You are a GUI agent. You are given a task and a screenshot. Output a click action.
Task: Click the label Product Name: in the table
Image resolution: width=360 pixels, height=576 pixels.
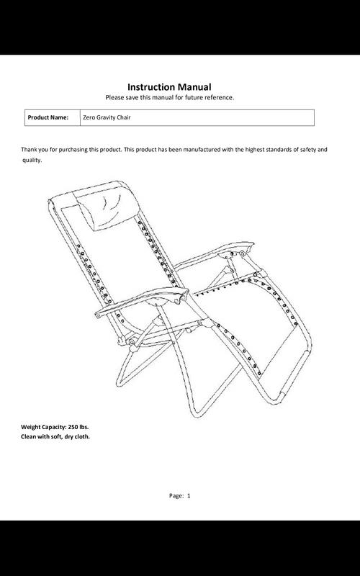pyautogui.click(x=48, y=117)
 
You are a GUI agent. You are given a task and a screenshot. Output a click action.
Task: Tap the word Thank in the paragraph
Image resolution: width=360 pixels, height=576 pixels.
pyautogui.click(x=30, y=150)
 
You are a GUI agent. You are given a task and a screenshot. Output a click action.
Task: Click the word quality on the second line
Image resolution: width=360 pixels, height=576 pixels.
pyautogui.click(x=32, y=160)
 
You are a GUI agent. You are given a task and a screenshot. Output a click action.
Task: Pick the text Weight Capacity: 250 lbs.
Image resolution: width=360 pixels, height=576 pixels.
pyautogui.click(x=55, y=427)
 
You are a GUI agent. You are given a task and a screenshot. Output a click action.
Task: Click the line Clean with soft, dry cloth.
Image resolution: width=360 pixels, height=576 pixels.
pyautogui.click(x=55, y=436)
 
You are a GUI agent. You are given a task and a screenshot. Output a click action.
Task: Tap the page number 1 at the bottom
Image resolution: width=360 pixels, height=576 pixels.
pyautogui.click(x=189, y=495)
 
